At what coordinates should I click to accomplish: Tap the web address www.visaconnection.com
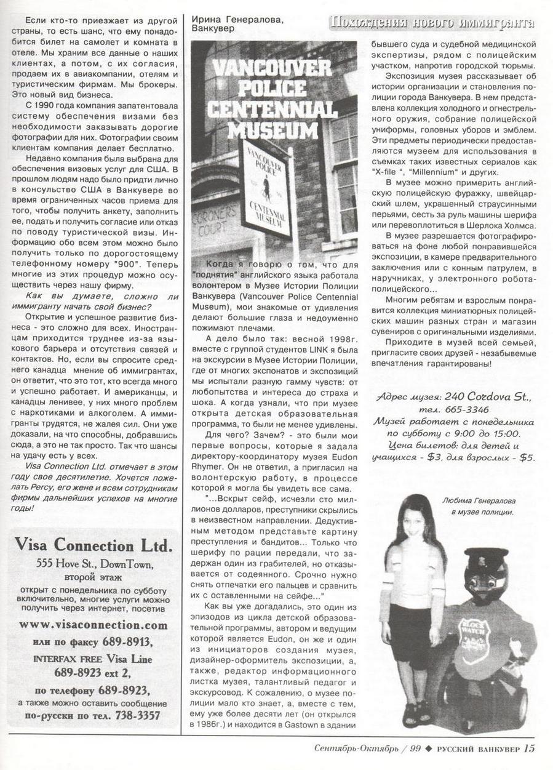click(93, 625)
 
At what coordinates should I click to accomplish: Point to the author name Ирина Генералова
click(238, 20)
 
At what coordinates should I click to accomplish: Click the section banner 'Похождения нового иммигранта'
click(431, 23)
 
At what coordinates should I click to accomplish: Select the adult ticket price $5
click(527, 457)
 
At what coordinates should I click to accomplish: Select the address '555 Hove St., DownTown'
click(93, 563)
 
